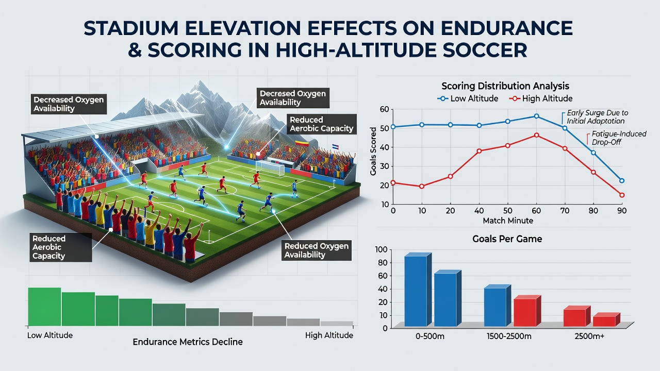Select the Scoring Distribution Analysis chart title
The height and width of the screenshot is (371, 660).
click(x=505, y=86)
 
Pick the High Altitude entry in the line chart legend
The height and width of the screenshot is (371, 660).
click(x=541, y=98)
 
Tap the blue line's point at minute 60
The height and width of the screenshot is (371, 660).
click(x=536, y=116)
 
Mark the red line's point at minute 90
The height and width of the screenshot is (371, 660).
click(x=622, y=195)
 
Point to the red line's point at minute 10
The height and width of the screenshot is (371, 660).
click(x=422, y=186)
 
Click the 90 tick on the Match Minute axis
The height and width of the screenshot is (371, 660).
click(x=622, y=211)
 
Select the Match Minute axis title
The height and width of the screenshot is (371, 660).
click(x=508, y=221)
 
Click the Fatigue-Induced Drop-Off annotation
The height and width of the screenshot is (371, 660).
click(x=619, y=138)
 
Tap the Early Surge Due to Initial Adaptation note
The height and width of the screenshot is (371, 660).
click(x=597, y=117)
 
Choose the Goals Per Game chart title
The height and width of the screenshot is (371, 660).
click(x=507, y=239)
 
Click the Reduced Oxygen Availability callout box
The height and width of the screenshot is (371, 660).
click(x=317, y=250)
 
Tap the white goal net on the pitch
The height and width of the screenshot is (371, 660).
click(x=270, y=168)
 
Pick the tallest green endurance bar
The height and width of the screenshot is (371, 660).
click(x=44, y=307)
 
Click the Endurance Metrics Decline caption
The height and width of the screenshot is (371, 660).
click(x=188, y=342)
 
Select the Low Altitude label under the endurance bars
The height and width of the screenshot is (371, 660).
click(x=50, y=335)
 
